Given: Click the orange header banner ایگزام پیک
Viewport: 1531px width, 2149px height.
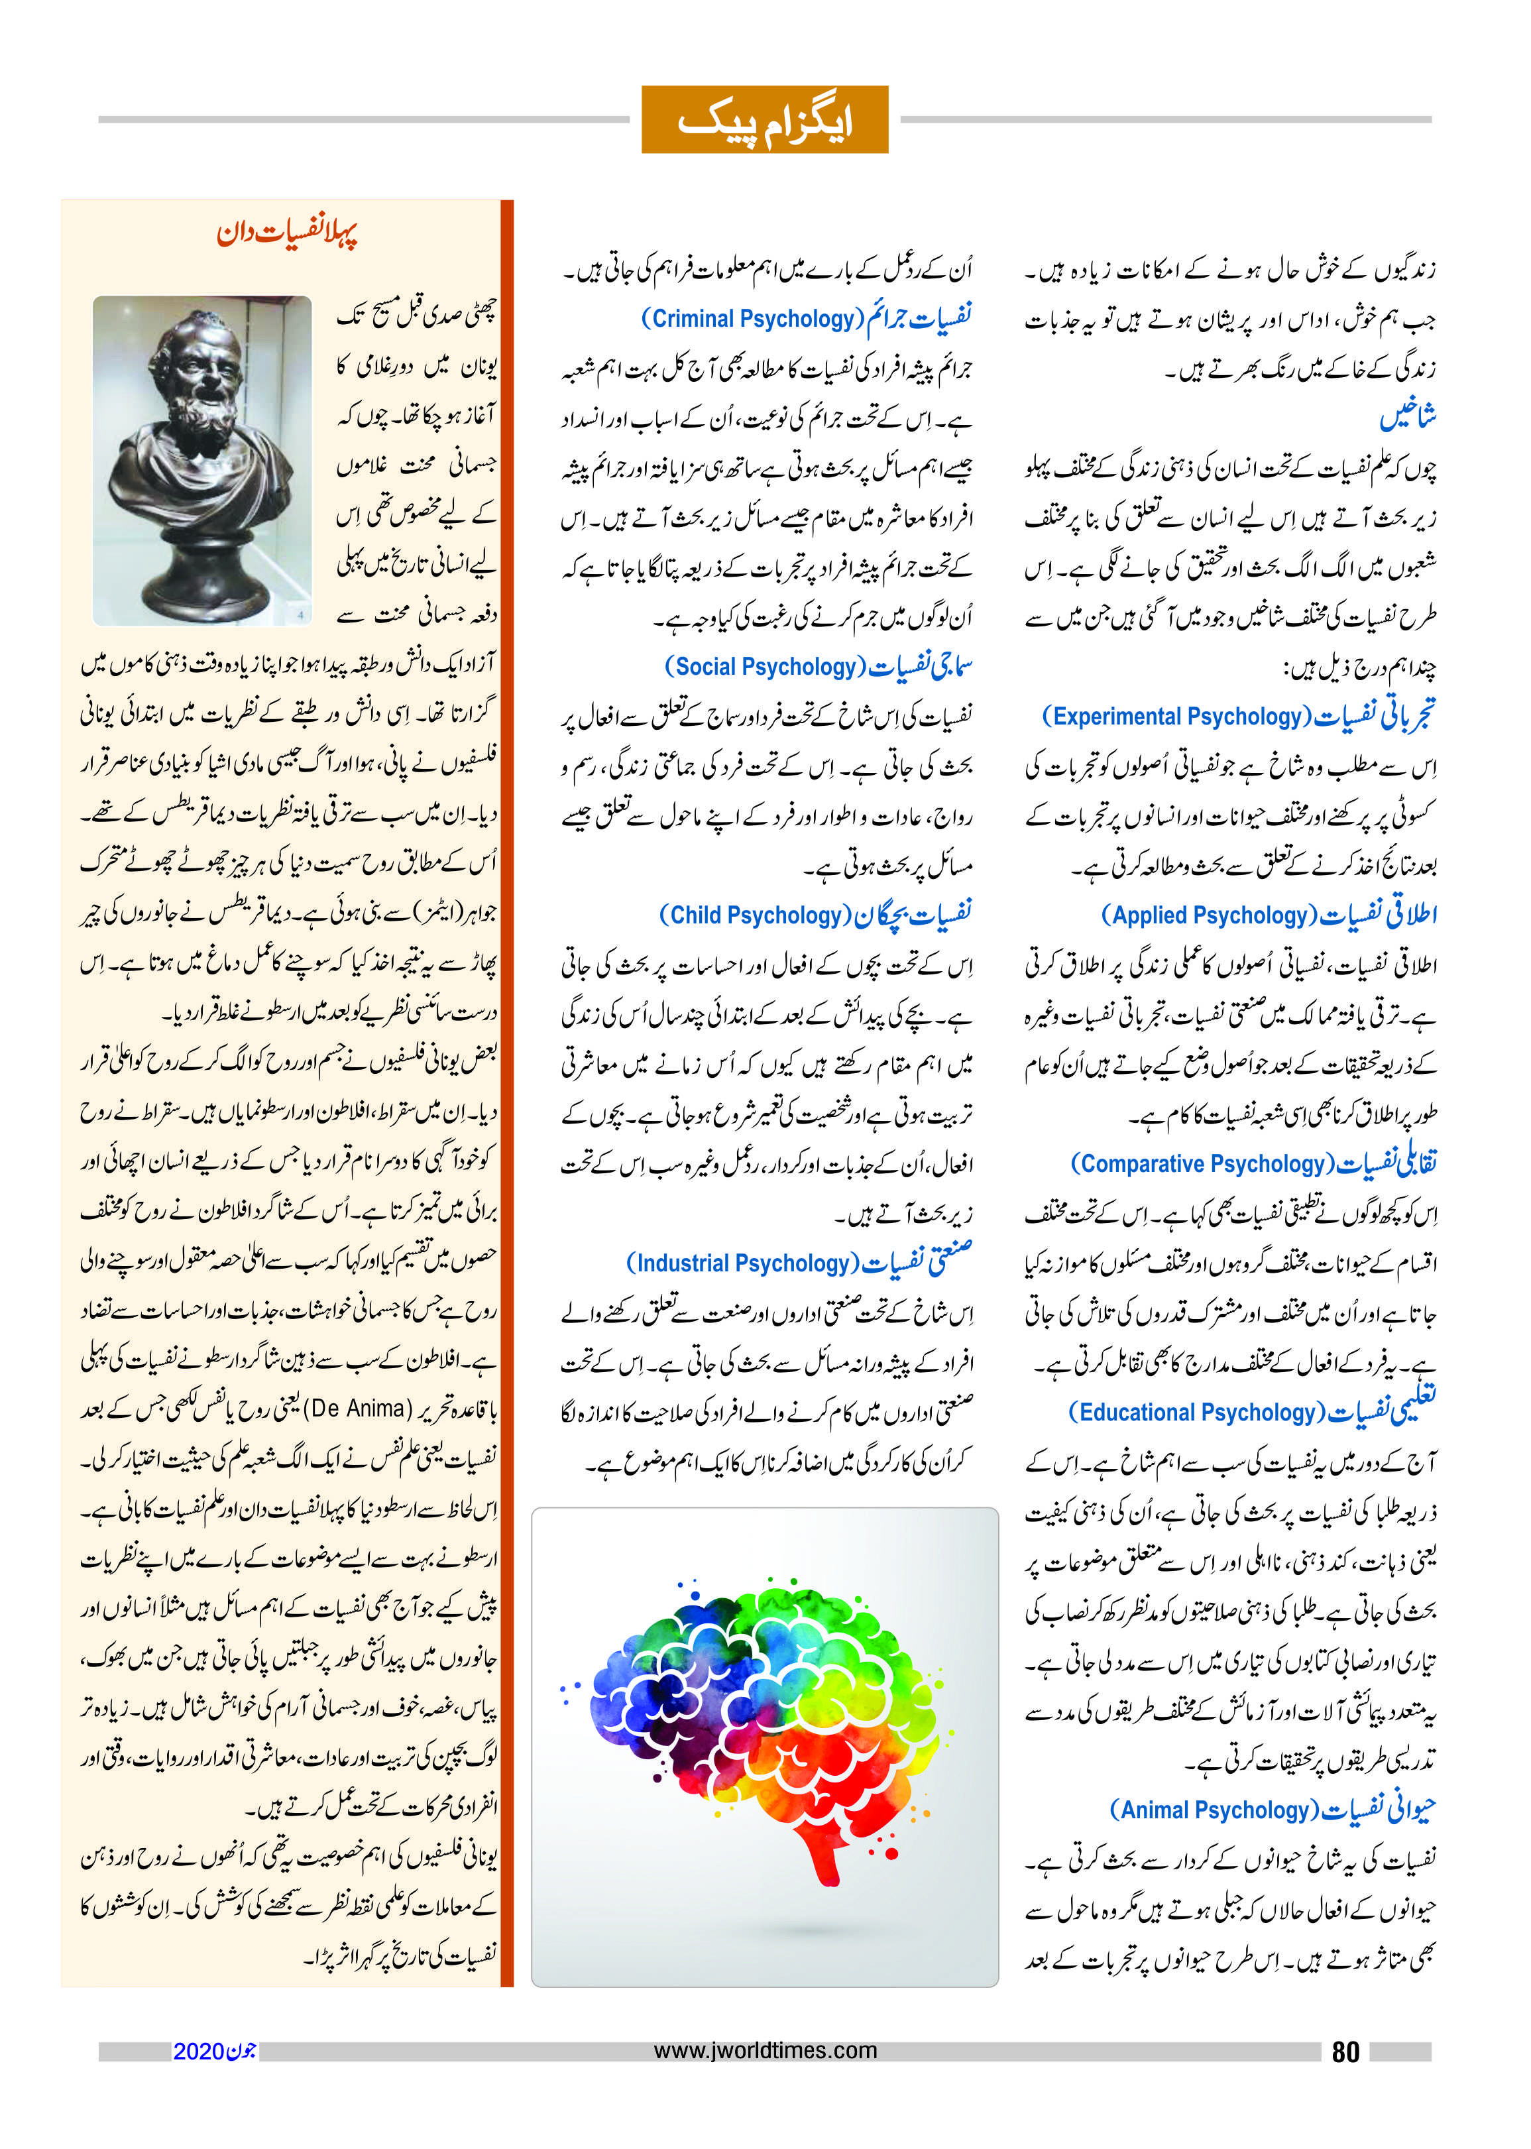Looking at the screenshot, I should pos(765,120).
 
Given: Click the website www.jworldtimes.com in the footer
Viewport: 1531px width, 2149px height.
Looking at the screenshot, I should pos(765,2051).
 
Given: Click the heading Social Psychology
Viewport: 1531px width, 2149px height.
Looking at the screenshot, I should pos(765,667).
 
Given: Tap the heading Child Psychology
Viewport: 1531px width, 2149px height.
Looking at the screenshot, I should pos(754,915).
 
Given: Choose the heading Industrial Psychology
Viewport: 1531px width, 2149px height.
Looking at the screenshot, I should pos(743,1263).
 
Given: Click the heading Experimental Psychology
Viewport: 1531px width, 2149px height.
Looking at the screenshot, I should pos(1176,717).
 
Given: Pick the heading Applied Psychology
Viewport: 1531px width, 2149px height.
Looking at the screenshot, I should pos(1208,915).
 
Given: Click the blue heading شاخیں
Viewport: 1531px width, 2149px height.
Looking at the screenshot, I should pos(1408,417).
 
